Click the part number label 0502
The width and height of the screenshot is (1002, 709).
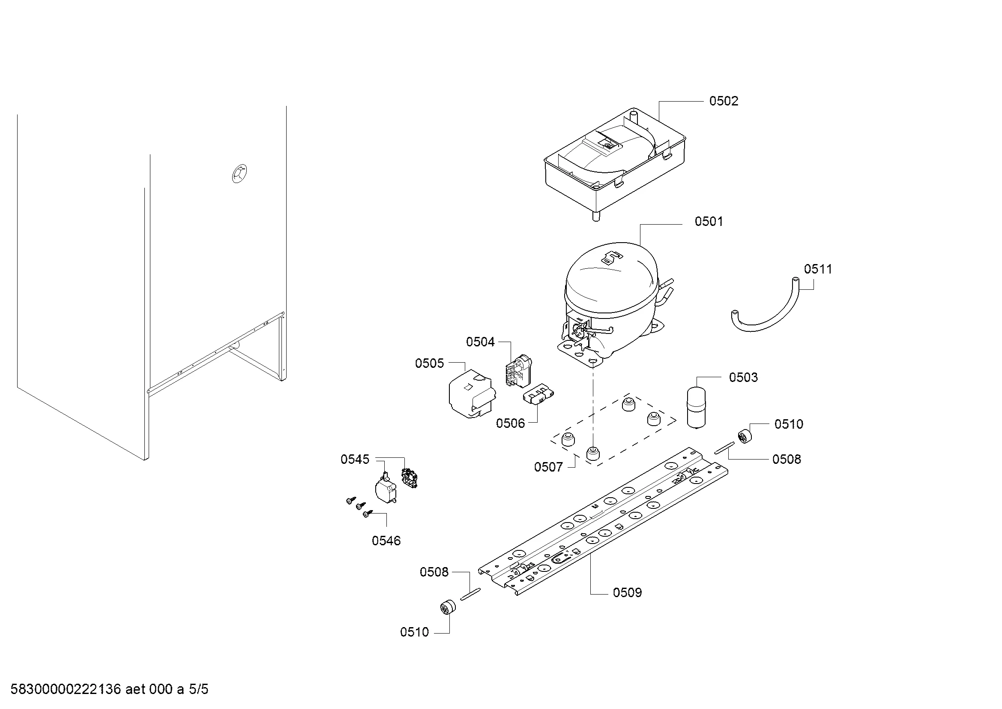[x=724, y=101]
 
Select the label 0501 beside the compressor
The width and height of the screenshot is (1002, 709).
[x=709, y=221]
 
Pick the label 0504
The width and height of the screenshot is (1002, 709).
[x=480, y=342]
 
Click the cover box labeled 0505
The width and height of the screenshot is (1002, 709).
[x=472, y=394]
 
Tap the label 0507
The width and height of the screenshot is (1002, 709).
[x=548, y=467]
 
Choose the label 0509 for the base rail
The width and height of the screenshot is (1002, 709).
[x=627, y=592]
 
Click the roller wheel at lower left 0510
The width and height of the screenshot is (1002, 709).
[x=447, y=607]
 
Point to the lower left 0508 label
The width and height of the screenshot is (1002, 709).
[x=434, y=572]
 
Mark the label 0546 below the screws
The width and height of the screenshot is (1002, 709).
[x=386, y=541]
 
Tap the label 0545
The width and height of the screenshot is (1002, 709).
[x=355, y=459]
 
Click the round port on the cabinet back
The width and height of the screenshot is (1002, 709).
[x=239, y=174]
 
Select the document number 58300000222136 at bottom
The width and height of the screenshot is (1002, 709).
[x=66, y=689]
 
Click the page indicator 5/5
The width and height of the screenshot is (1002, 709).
[x=199, y=689]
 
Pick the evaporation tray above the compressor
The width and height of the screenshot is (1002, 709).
[x=614, y=162]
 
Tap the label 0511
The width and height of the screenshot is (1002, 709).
[x=818, y=269]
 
